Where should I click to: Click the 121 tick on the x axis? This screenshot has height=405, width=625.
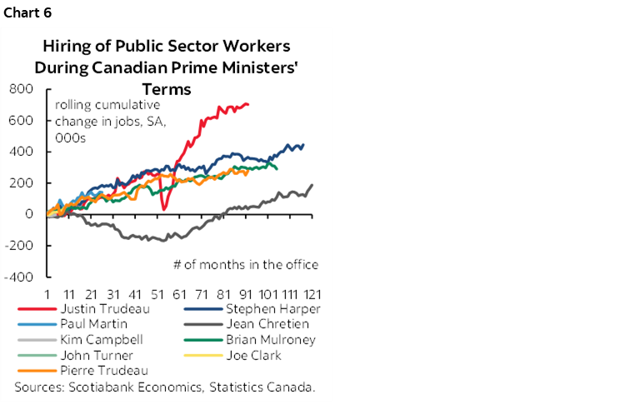[x=312, y=294]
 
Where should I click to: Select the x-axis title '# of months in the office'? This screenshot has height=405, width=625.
[x=246, y=264]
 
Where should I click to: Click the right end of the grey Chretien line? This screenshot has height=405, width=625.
[x=312, y=185]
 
